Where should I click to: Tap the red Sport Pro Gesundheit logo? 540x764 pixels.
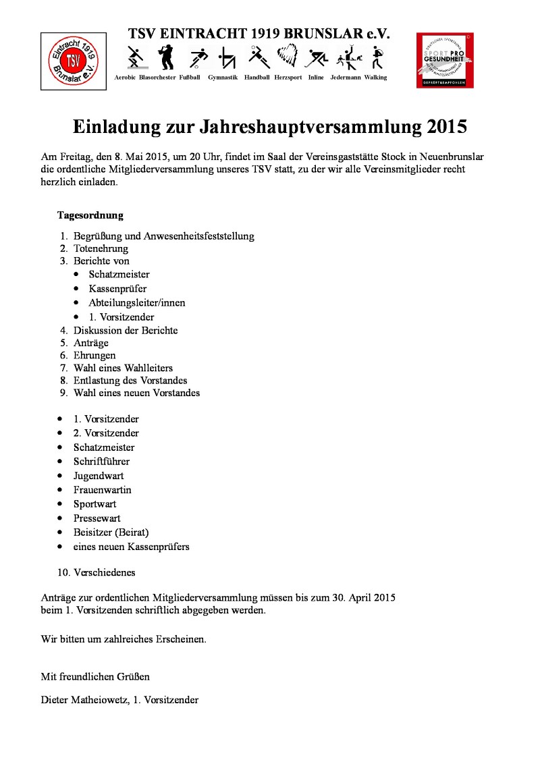click(x=444, y=60)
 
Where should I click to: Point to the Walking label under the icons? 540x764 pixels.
click(x=375, y=78)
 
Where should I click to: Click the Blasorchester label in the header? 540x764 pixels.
click(x=157, y=78)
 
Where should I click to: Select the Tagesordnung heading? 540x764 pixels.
click(x=90, y=216)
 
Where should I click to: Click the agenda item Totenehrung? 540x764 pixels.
click(x=101, y=248)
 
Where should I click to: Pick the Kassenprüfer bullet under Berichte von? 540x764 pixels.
click(x=117, y=289)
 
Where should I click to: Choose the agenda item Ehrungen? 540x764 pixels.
click(x=94, y=355)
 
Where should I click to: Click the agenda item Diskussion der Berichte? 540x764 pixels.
click(x=126, y=331)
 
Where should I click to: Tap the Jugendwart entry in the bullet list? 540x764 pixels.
click(x=99, y=476)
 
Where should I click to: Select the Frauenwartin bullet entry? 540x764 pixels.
click(x=103, y=490)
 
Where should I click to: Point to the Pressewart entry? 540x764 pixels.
click(x=97, y=518)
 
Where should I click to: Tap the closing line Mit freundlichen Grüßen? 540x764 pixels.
click(x=95, y=676)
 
